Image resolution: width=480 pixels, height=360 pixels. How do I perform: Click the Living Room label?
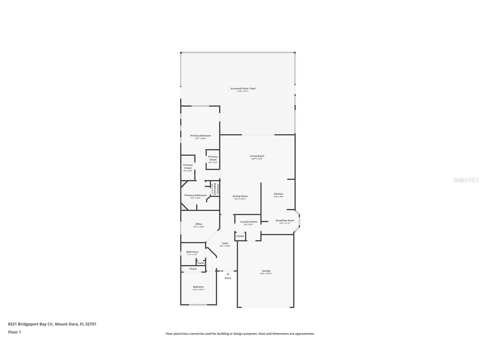tap(257, 156)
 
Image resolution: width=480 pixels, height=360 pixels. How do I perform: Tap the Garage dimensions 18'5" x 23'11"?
tap(266, 274)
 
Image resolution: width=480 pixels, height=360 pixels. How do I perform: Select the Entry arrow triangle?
tap(228, 274)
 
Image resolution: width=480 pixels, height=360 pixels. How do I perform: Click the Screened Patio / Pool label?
tap(243, 89)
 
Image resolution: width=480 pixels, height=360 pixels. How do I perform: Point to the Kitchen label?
tap(278, 194)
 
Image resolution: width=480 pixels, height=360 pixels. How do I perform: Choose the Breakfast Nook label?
tap(285, 220)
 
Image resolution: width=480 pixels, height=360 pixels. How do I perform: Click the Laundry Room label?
tap(249, 222)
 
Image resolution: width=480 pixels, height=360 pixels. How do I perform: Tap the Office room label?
tap(199, 224)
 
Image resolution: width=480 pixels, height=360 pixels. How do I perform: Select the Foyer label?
tap(225, 243)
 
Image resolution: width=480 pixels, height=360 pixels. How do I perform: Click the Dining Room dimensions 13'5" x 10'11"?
tap(240, 199)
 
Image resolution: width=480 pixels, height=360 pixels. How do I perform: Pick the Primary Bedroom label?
tap(200, 136)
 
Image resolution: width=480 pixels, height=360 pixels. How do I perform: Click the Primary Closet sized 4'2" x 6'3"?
tap(213, 159)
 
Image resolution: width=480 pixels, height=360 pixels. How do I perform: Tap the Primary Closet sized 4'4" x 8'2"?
tap(188, 168)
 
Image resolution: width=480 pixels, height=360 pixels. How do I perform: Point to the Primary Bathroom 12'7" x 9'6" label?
tap(195, 195)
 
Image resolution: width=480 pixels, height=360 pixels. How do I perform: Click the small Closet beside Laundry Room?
tap(240, 236)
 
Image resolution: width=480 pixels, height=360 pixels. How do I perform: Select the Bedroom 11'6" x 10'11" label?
tap(198, 287)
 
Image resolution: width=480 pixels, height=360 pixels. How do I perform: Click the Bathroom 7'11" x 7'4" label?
tap(192, 252)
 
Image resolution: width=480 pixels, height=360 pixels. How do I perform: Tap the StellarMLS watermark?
tap(466, 180)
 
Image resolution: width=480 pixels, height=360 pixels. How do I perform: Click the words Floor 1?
tap(14, 332)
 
